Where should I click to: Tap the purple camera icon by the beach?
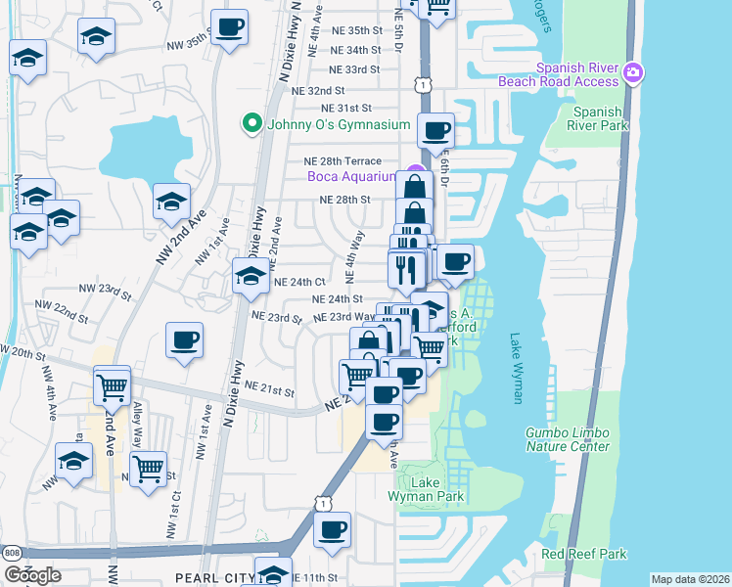pyautogui.click(x=634, y=71)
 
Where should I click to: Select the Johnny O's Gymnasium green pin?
pyautogui.click(x=252, y=124)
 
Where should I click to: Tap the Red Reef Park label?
pyautogui.click(x=583, y=554)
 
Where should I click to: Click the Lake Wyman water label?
pyautogui.click(x=516, y=368)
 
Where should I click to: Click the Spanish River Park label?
pyautogui.click(x=598, y=118)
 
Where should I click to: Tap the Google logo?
pyautogui.click(x=32, y=575)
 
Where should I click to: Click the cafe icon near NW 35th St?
pyautogui.click(x=229, y=27)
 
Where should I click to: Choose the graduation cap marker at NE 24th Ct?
pyautogui.click(x=250, y=276)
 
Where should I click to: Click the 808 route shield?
pyautogui.click(x=11, y=554)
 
